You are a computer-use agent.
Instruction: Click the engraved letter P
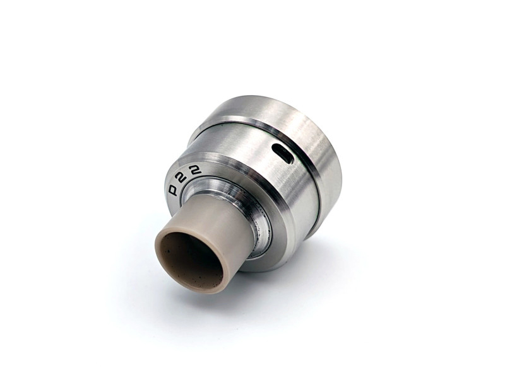pyautogui.click(x=174, y=190)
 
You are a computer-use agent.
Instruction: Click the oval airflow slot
pyautogui.click(x=282, y=153)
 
